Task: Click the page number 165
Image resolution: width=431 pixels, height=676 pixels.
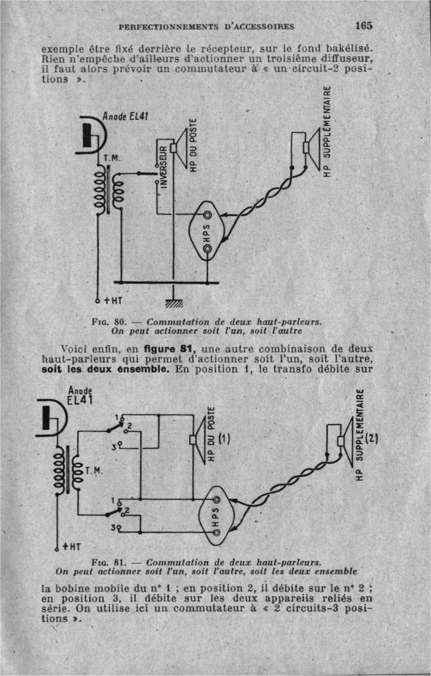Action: (x=364, y=25)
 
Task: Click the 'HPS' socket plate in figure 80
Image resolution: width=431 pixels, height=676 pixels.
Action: (x=207, y=230)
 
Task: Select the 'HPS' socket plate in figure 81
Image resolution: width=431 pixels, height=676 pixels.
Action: (x=218, y=514)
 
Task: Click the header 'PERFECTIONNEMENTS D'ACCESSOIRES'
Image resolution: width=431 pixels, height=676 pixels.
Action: (x=207, y=26)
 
